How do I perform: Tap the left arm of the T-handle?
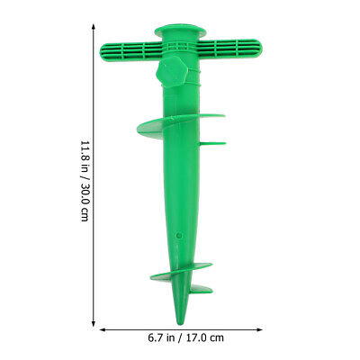[x=126, y=49]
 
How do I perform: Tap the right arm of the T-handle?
[x=230, y=48]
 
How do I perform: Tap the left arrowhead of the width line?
[x=102, y=328]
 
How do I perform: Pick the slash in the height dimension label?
[x=85, y=179]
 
